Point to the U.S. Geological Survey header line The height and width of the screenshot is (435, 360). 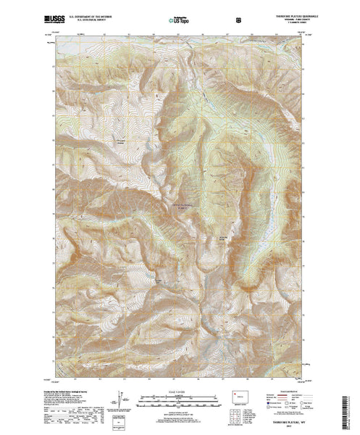click(85, 17)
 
